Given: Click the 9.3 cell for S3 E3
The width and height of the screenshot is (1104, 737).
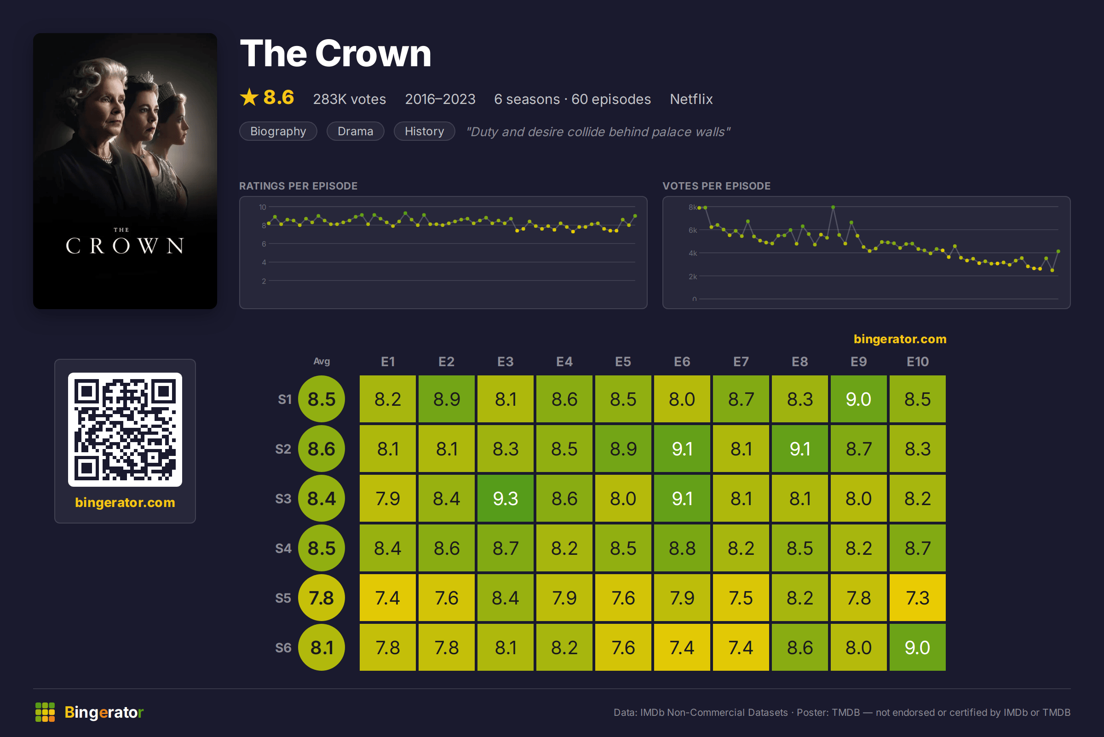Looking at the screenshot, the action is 505,498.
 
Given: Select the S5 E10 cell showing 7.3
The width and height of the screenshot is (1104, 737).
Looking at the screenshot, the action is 917,598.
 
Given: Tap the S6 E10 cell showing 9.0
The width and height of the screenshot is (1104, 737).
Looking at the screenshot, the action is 917,647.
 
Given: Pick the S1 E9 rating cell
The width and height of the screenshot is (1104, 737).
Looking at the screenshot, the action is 859,399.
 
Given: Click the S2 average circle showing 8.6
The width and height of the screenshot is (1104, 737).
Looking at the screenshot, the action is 322,449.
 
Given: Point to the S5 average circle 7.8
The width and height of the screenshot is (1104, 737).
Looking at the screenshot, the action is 322,598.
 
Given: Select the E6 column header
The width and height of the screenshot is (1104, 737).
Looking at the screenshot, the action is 682,362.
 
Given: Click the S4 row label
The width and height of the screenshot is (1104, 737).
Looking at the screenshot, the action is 283,548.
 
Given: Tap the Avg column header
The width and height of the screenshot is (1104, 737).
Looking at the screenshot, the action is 322,361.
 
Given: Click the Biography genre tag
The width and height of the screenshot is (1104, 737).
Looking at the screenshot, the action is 278,131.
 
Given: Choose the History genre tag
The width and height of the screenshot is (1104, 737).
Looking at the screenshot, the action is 425,131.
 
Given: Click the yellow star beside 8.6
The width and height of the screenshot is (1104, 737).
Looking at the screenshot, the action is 249,97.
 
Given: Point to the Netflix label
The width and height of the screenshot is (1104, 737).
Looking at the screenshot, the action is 691,99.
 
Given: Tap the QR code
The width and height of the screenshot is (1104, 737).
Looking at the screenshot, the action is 125,430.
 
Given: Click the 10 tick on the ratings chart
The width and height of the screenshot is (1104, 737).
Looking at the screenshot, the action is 262,207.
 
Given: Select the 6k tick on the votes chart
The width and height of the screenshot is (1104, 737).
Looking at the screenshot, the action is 693,230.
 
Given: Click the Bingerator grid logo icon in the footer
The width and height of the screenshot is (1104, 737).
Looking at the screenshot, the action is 45,712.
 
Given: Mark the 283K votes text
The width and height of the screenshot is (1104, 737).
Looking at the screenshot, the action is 349,99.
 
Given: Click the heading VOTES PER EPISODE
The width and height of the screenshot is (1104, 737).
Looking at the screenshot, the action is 716,186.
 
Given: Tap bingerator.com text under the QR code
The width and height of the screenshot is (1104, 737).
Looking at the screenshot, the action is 125,502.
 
